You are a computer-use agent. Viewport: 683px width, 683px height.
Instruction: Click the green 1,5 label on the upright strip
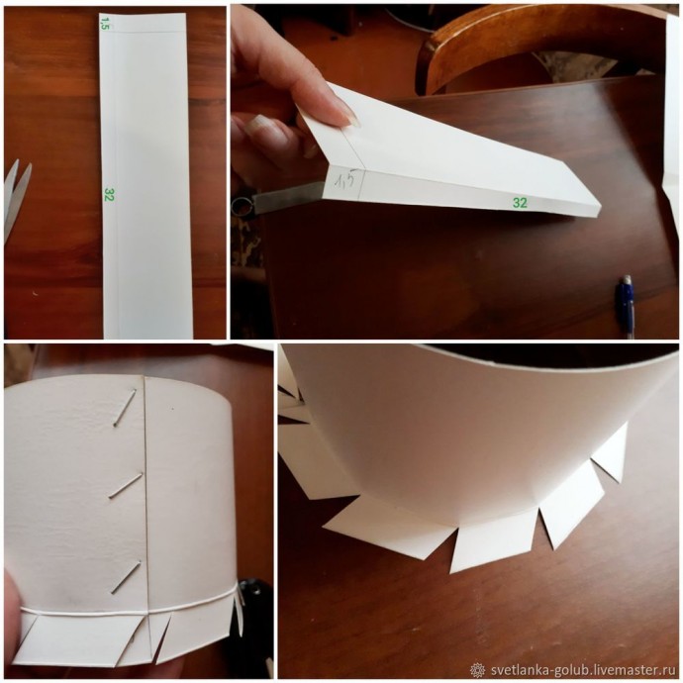point(104,23)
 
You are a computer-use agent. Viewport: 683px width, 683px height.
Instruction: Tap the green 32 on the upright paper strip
point(109,194)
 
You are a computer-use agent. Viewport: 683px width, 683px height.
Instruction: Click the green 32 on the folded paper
point(520,203)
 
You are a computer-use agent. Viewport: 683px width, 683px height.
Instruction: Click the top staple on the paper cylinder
point(125,408)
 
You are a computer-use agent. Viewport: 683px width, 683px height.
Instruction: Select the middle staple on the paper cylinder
point(126,485)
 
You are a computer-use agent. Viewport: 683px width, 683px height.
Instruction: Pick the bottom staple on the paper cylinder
point(126,577)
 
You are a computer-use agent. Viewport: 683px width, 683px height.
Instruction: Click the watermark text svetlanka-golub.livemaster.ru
point(582,669)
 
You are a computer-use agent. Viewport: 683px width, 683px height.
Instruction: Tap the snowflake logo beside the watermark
point(479,669)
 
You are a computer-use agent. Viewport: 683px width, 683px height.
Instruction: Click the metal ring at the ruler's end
point(240,206)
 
